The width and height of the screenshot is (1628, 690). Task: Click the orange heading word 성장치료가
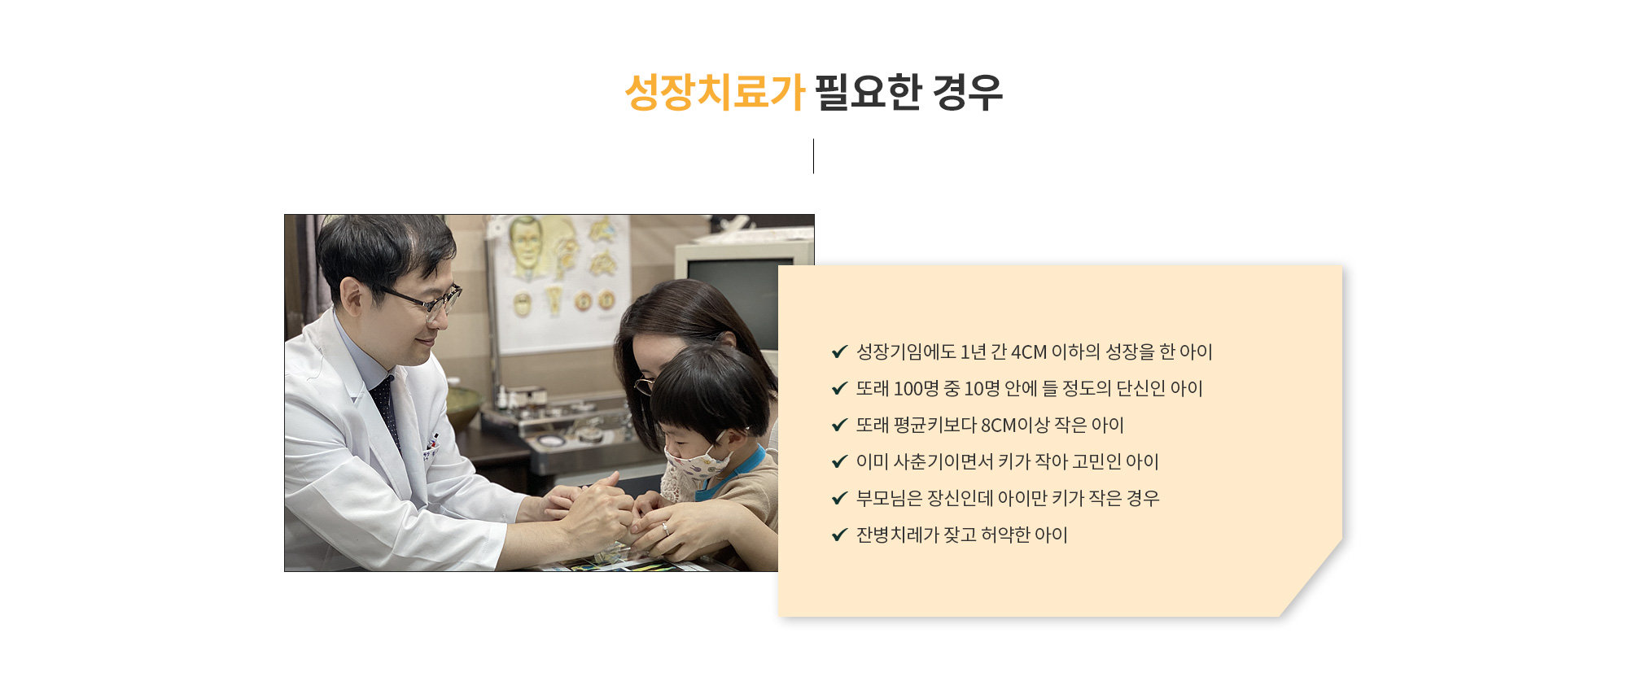pos(715,91)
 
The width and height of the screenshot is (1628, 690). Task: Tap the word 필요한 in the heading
pos(868,91)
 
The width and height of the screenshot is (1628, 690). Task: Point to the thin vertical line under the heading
pos(813,155)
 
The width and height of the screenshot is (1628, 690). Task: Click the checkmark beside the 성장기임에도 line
pos(840,352)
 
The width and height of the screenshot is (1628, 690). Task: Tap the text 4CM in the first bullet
pos(1029,352)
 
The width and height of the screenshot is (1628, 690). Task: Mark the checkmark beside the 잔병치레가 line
pos(840,535)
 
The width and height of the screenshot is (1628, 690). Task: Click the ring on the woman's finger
pos(665,529)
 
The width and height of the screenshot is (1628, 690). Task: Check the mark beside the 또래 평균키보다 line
pos(840,425)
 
